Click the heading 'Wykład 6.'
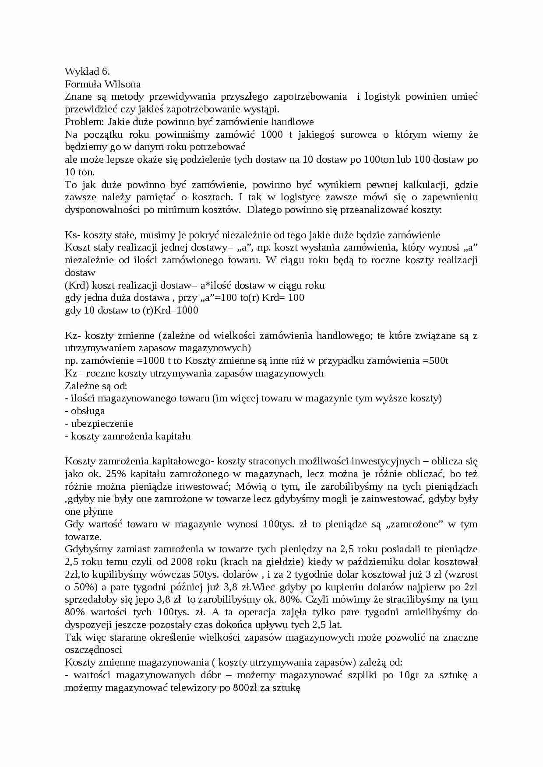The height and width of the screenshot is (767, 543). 87,71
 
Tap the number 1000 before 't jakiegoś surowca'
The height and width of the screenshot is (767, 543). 271,134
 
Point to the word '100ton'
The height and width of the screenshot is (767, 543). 379,159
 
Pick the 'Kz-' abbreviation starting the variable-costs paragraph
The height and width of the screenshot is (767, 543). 73,335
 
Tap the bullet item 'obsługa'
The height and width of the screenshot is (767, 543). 88,411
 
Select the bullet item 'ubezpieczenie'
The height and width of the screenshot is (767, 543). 102,423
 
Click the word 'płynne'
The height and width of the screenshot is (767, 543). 98,512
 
